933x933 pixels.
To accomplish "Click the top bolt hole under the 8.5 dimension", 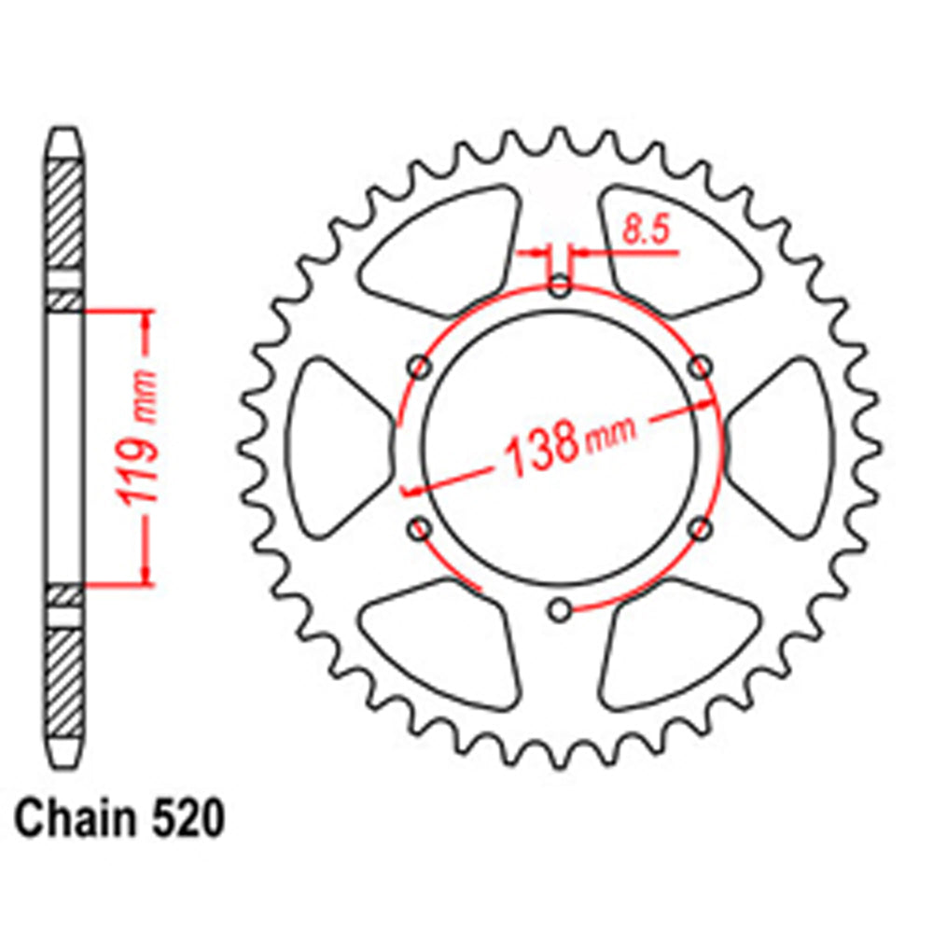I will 559,286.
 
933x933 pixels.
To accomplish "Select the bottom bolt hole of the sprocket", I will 559,611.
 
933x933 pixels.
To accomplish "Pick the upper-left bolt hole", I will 420,368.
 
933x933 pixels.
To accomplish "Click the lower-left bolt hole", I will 420,530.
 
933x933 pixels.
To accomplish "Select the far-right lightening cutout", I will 784,448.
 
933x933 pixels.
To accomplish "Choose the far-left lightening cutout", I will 336,448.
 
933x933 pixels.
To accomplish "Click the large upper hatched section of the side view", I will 64,214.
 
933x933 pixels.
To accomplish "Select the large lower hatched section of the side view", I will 64,680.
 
